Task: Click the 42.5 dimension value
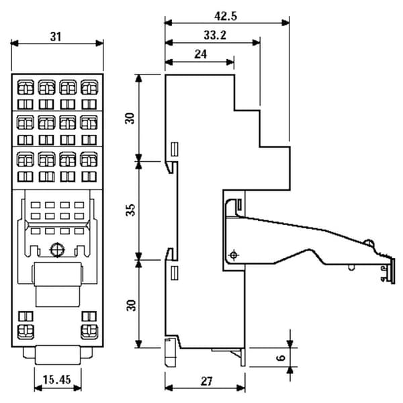[226, 16]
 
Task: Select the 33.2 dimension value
[215, 35]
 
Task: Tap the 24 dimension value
[200, 54]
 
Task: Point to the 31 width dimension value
[56, 37]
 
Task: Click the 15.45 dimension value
[56, 379]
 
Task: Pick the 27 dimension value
[207, 382]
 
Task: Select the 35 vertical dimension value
[131, 210]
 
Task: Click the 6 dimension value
[281, 357]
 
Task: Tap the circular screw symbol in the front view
[57, 250]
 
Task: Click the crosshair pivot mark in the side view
[233, 255]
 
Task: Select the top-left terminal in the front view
[26, 87]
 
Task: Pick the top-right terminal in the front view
[89, 87]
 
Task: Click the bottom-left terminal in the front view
[26, 332]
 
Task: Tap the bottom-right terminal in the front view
[89, 332]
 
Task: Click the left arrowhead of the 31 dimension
[14, 43]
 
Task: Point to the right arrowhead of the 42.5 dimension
[285, 23]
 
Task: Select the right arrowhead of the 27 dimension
[241, 388]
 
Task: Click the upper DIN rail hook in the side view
[171, 167]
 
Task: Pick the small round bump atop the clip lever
[369, 242]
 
